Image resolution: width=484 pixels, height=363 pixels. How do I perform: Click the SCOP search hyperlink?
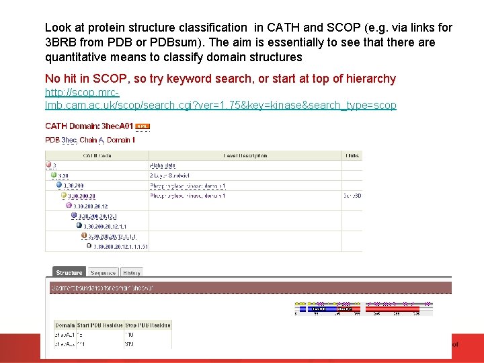point(220,99)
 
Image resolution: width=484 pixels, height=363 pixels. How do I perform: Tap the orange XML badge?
point(143,126)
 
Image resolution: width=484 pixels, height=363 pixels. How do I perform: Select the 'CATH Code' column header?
point(97,155)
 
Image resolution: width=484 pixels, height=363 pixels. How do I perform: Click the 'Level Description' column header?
point(245,155)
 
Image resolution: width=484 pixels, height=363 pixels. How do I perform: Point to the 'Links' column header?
point(352,155)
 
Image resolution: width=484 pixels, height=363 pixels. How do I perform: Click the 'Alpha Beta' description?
point(163,165)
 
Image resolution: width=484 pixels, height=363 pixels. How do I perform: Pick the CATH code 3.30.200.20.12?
point(91,206)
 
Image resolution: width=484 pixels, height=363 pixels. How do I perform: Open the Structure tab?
point(69,272)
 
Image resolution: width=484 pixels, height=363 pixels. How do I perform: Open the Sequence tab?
point(103,272)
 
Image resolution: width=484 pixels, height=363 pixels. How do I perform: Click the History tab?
point(132,272)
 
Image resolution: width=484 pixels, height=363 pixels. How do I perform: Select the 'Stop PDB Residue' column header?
point(148,325)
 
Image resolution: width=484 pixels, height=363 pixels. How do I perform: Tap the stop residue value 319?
point(129,344)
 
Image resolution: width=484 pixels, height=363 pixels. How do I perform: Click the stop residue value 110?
point(129,334)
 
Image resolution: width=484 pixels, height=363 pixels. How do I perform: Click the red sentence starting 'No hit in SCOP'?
point(220,79)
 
